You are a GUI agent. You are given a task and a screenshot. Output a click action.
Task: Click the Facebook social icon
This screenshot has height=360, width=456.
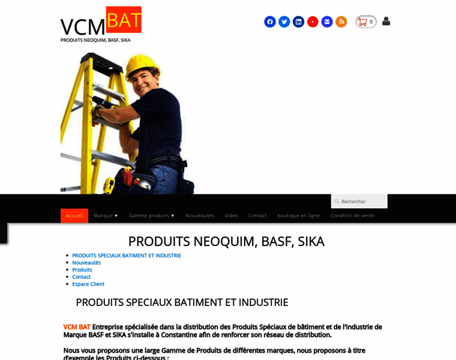pyautogui.click(x=270, y=22)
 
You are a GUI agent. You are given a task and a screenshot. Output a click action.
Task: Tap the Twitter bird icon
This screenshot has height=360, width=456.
pyautogui.click(x=284, y=22)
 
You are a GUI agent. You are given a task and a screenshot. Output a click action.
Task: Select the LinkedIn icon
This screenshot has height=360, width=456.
pyautogui.click(x=298, y=22)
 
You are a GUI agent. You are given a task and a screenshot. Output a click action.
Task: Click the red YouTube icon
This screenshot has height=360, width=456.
pyautogui.click(x=313, y=22)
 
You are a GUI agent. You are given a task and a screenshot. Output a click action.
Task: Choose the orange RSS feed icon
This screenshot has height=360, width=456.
pyautogui.click(x=341, y=22)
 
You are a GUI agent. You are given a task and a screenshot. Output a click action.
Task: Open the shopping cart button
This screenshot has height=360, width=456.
pyautogui.click(x=366, y=22)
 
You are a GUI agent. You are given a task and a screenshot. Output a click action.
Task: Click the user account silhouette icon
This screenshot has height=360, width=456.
pyautogui.click(x=386, y=21)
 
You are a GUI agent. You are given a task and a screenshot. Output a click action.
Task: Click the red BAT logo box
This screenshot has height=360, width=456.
pyautogui.click(x=124, y=19)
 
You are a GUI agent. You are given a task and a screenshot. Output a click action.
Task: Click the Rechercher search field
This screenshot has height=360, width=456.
pyautogui.click(x=362, y=201)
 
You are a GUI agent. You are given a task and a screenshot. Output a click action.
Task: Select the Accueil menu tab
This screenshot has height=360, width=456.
pyautogui.click(x=74, y=215)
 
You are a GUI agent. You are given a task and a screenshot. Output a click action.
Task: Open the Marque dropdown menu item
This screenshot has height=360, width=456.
pyautogui.click(x=106, y=215)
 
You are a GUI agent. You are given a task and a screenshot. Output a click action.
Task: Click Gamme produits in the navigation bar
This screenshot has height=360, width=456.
pyautogui.click(x=151, y=215)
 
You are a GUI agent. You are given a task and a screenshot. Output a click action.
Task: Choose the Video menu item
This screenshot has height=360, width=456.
pyautogui.click(x=231, y=215)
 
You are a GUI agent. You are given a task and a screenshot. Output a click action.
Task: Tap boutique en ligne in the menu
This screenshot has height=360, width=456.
pyautogui.click(x=298, y=215)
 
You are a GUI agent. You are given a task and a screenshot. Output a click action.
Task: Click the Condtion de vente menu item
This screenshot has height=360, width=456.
pyautogui.click(x=352, y=215)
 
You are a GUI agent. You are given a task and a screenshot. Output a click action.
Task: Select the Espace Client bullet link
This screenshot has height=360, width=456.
pyautogui.click(x=88, y=284)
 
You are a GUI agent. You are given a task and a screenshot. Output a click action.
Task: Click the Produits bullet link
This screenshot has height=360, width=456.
pyautogui.click(x=82, y=269)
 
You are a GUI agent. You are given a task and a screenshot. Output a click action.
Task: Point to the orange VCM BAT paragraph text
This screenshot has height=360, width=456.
pyautogui.click(x=77, y=327)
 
